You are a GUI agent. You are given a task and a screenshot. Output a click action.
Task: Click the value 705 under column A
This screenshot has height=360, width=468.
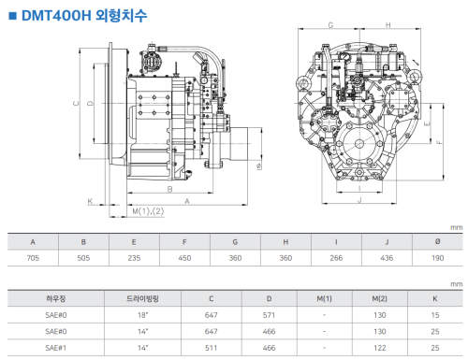tap(33, 258)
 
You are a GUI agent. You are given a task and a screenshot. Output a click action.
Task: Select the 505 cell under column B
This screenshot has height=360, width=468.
tap(83, 258)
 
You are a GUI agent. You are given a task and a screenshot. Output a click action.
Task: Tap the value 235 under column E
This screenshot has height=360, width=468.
tap(134, 258)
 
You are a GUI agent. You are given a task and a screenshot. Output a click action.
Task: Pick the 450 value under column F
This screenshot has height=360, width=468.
tap(184, 258)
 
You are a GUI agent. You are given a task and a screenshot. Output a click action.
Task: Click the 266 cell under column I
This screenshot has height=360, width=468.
tap(336, 258)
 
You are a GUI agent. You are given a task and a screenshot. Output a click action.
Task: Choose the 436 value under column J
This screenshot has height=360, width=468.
tap(387, 258)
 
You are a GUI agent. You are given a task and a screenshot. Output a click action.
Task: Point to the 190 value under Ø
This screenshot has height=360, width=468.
tap(437, 258)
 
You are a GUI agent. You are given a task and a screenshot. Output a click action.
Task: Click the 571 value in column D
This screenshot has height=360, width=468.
tap(269, 315)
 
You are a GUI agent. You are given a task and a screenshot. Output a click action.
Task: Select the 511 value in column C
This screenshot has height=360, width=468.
tap(211, 348)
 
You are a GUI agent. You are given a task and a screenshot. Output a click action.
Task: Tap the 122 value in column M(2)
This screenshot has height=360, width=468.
tap(380, 348)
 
